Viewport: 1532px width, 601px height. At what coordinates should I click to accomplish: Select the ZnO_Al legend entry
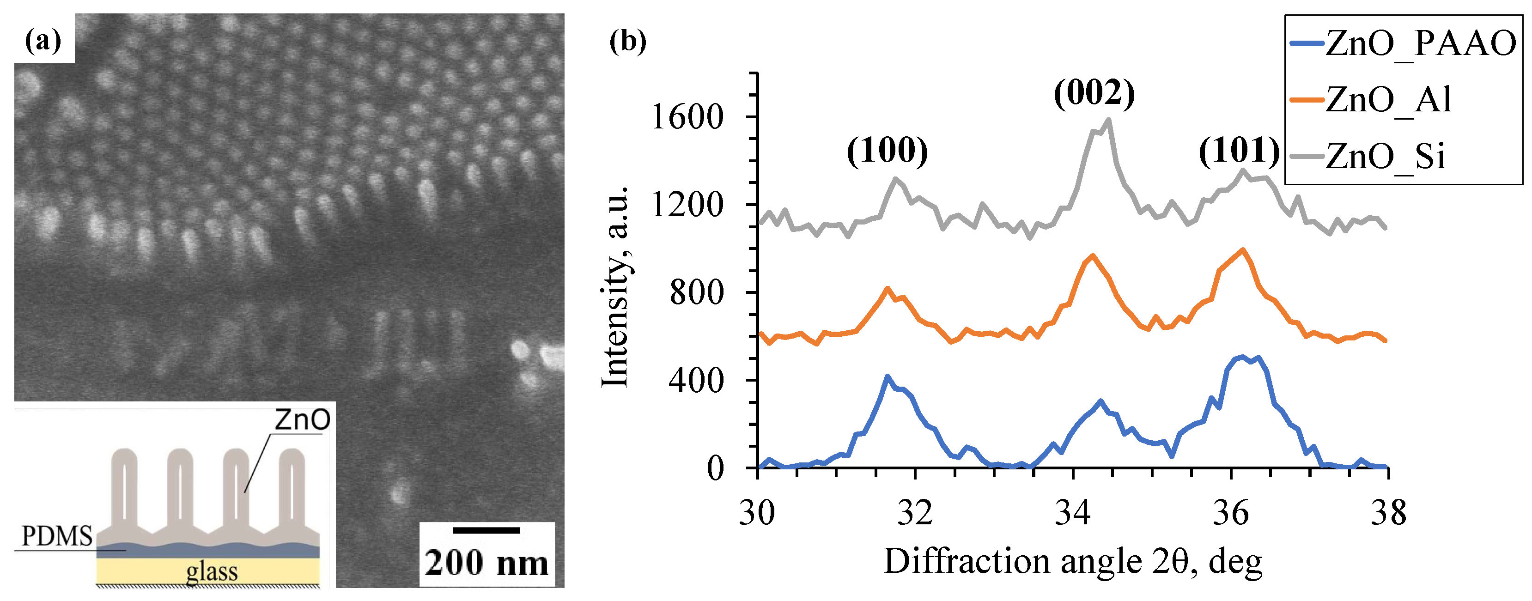(x=1389, y=99)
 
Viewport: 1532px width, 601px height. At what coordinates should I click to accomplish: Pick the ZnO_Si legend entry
(x=1385, y=156)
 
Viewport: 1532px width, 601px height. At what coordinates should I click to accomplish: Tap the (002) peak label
(x=1094, y=93)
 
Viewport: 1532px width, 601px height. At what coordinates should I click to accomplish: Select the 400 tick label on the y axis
(x=696, y=381)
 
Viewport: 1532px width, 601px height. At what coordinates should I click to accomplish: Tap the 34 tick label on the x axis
(x=1072, y=512)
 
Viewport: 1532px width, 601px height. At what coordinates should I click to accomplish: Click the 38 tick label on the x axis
(x=1388, y=512)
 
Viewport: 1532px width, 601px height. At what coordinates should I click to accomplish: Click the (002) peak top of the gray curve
(x=1108, y=120)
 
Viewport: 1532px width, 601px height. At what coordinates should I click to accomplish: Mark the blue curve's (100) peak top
(x=887, y=376)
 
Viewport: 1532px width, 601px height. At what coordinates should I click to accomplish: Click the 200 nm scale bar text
(x=486, y=563)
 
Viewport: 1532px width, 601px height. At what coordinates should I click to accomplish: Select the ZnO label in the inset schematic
(x=302, y=420)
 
